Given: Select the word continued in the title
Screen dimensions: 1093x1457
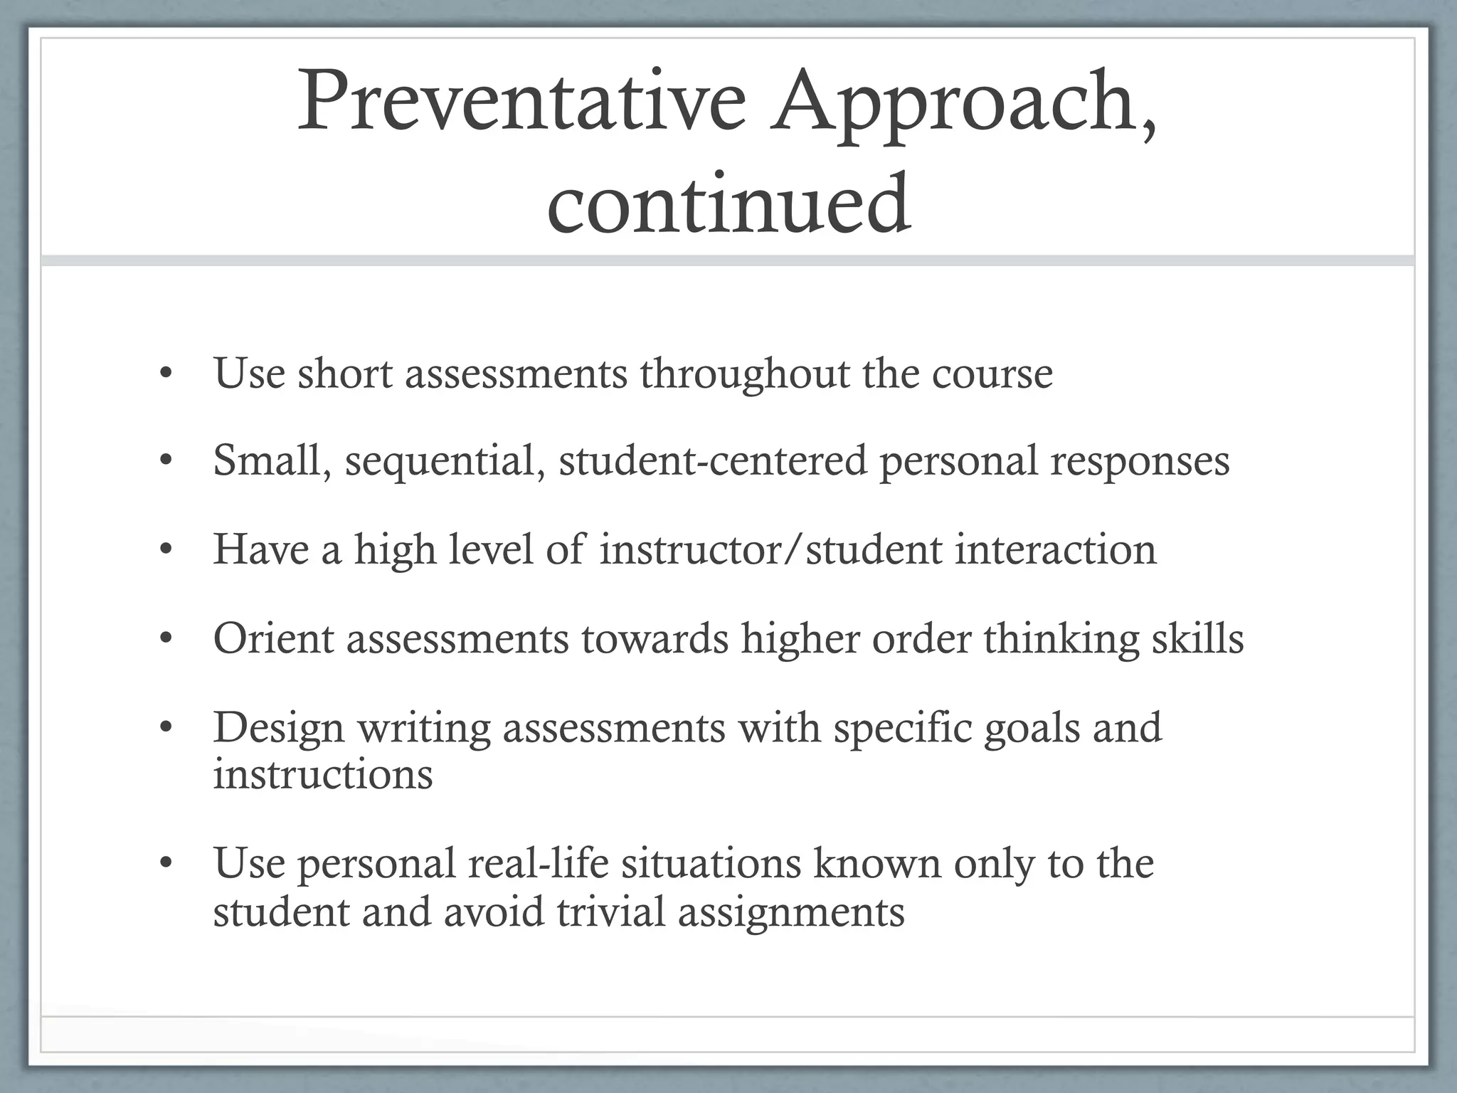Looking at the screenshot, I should tap(728, 204).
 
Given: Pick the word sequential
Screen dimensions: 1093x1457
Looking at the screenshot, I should tap(445, 460).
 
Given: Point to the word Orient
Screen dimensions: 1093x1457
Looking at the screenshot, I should tap(273, 638).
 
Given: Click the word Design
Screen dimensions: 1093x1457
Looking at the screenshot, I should tap(279, 728).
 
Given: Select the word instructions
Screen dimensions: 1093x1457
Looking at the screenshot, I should tap(323, 774).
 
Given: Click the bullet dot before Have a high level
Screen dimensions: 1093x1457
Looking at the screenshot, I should tap(166, 550).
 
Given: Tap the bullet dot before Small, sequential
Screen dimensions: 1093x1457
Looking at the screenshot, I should tap(166, 461).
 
